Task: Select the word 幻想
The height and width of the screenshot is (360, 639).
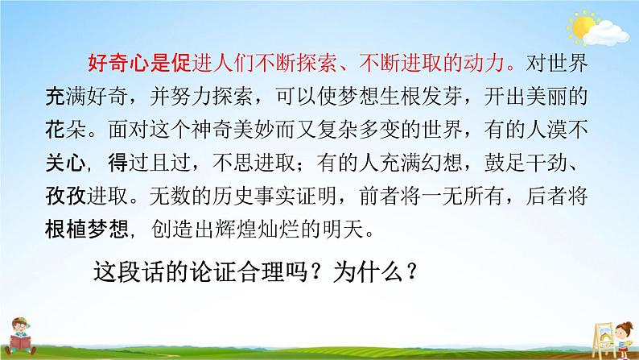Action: click(390, 160)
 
